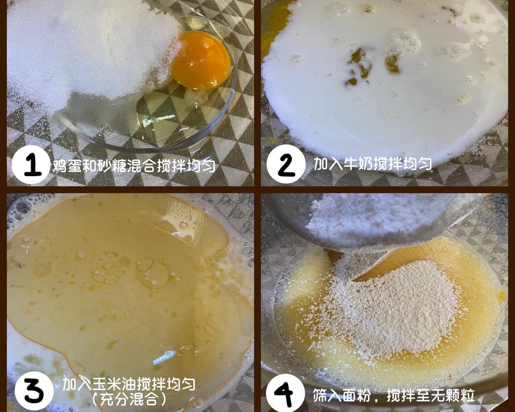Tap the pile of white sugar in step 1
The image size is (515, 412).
pos(80,48)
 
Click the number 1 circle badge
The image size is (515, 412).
pos(31,164)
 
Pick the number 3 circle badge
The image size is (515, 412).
pos(33,391)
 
